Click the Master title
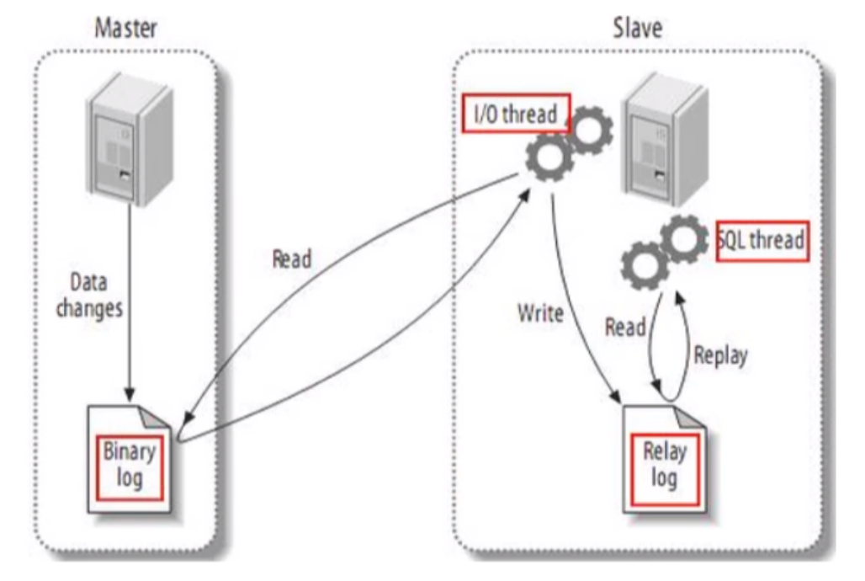pos(125,28)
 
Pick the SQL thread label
pos(762,240)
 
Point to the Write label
pos(540,314)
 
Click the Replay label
pos(719,354)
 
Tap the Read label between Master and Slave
pos(291,259)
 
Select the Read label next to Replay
pos(625,327)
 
